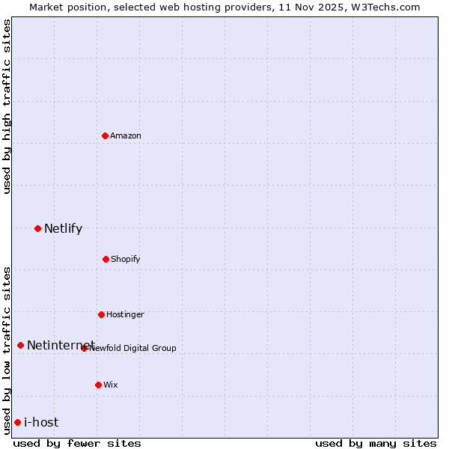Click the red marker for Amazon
106,135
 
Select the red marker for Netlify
37,228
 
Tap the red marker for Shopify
106,259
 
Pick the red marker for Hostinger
101,314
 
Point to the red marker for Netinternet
20,345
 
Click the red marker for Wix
98,385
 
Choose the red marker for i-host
17,422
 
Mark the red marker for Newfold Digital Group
85,348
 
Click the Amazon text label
126,135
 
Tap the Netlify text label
63,228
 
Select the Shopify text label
126,259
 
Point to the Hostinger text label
125,314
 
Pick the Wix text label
111,385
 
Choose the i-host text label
41,422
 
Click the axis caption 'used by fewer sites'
77,443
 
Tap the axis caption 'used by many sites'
376,443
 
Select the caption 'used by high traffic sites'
7,106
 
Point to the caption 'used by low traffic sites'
7,349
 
